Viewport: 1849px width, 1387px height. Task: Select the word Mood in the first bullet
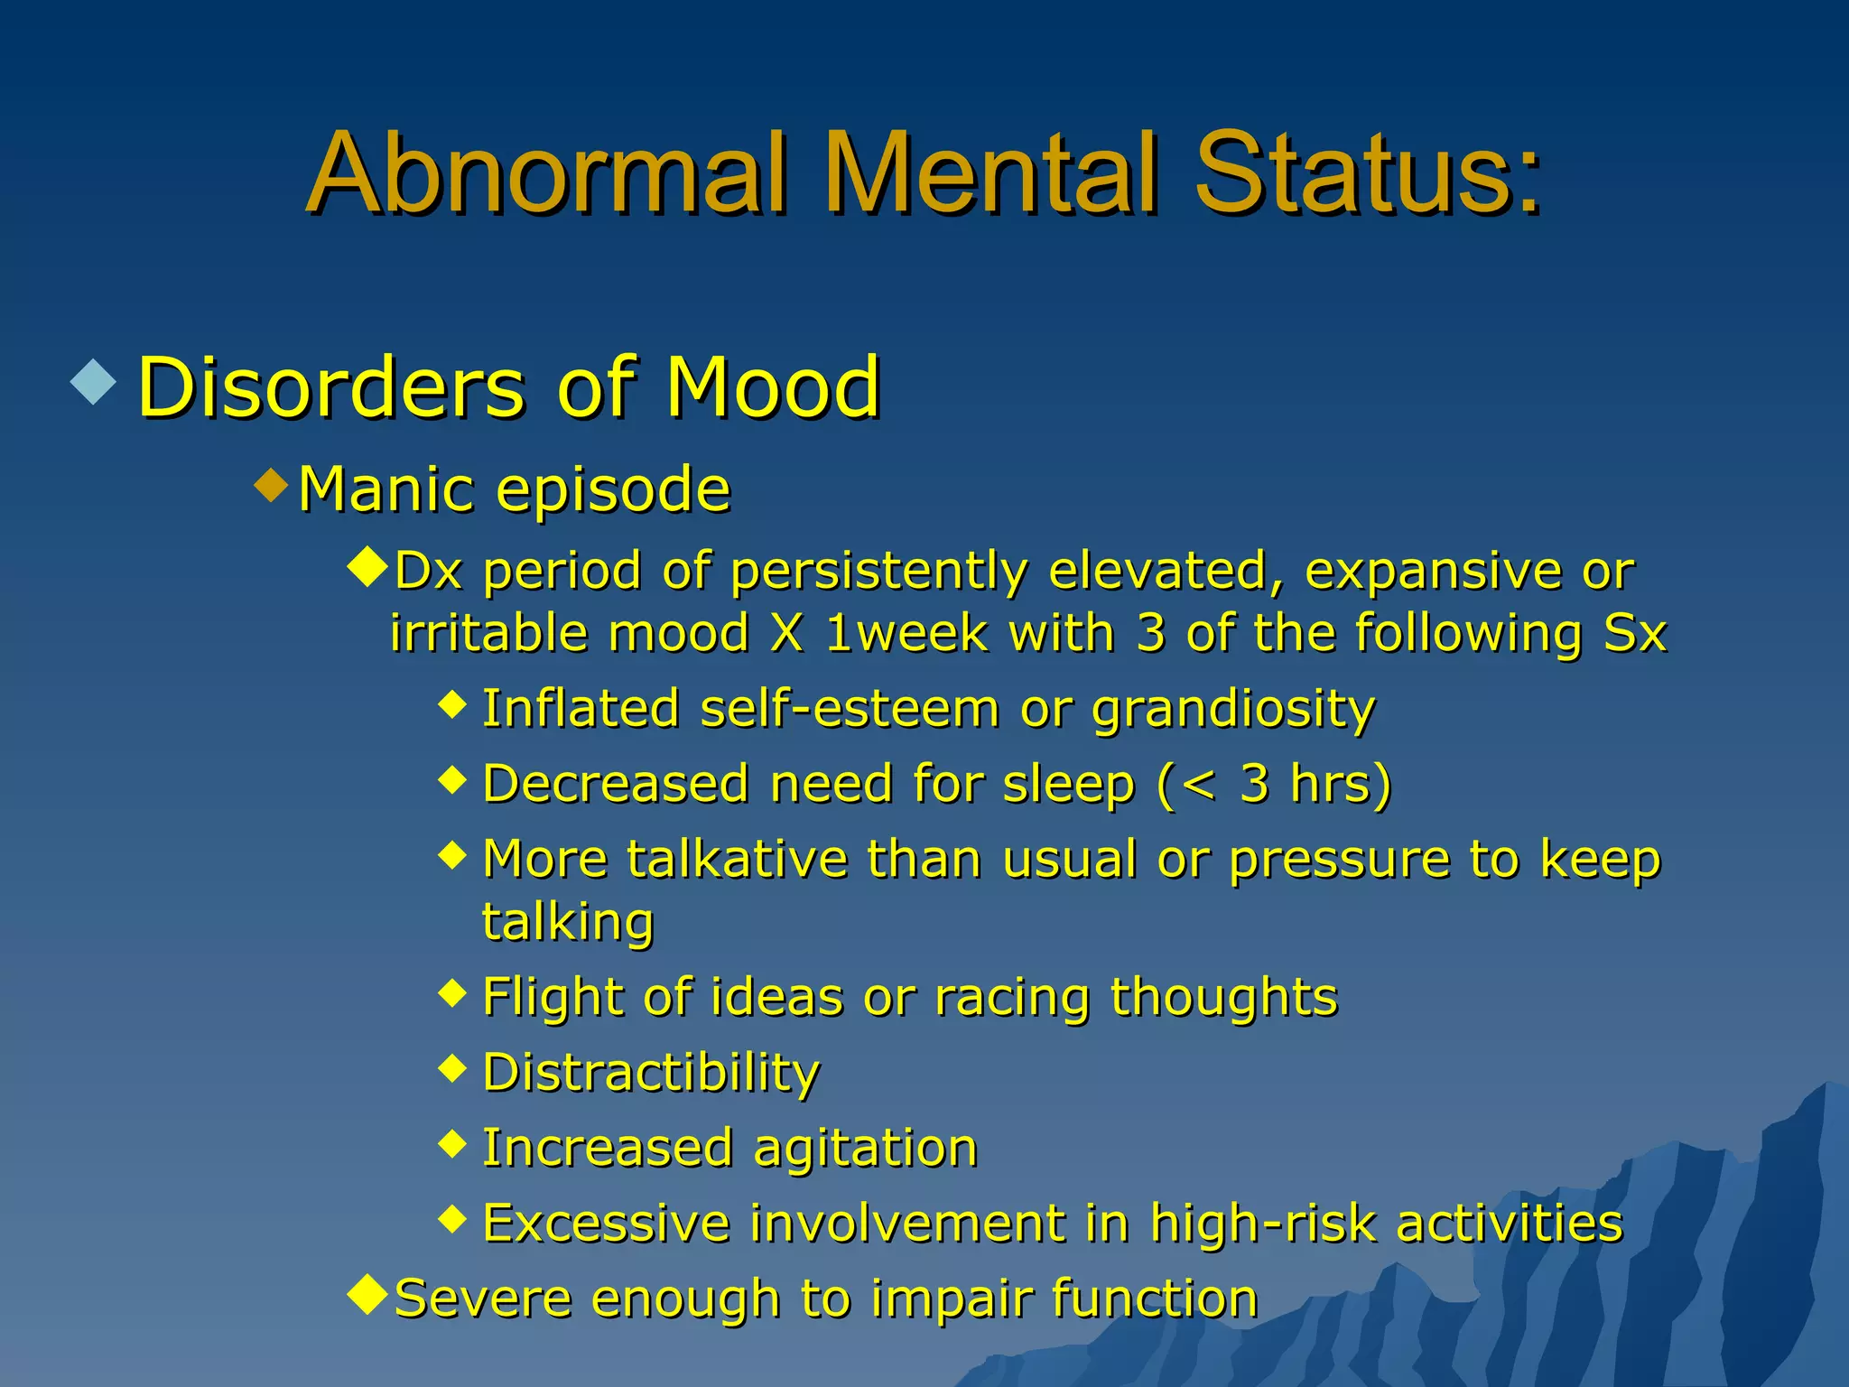tap(772, 388)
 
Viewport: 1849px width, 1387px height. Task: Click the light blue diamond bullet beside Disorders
tap(94, 381)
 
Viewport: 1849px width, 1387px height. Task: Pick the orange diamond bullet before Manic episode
tap(272, 486)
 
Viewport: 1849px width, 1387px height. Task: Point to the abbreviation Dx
tap(429, 572)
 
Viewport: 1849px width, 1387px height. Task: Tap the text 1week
tap(906, 634)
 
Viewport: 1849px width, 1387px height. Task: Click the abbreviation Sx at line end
tap(1634, 634)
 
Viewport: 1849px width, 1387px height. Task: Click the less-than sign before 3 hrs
tap(1199, 784)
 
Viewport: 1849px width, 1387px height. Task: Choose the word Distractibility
tap(651, 1074)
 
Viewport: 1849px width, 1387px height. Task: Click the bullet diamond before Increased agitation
tap(452, 1144)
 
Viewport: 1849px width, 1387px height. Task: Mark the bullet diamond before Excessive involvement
tap(452, 1220)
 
